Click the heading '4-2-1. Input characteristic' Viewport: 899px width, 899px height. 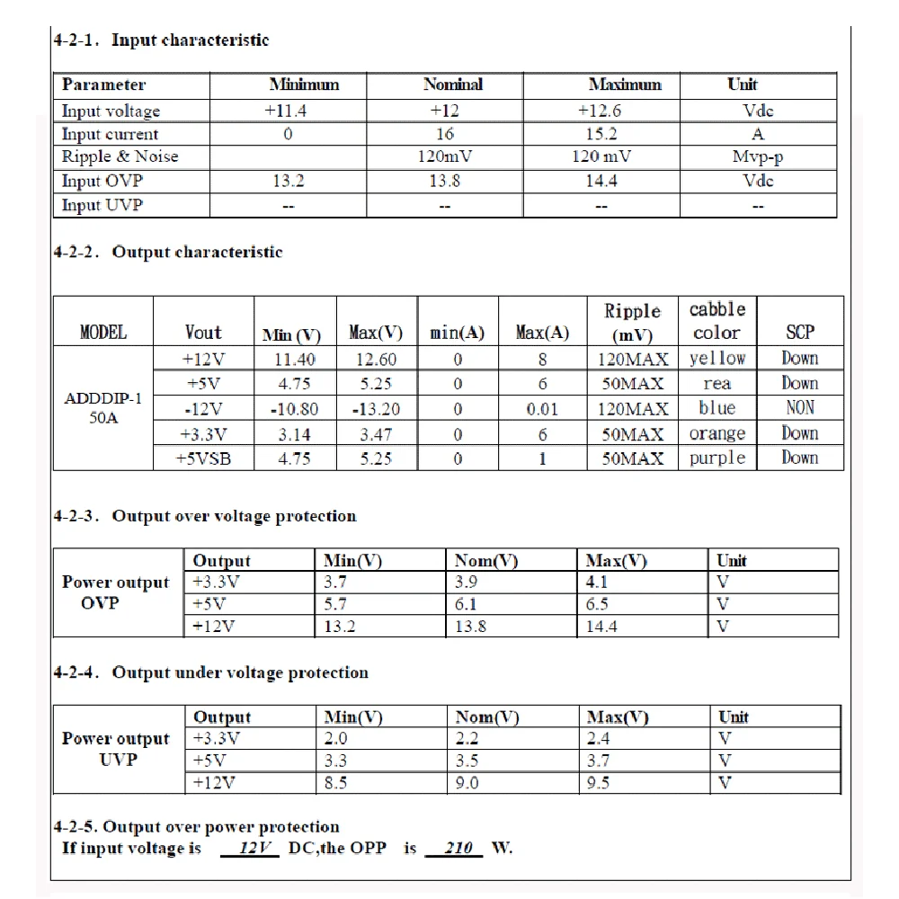(x=161, y=40)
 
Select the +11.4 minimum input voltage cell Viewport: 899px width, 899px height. (x=288, y=111)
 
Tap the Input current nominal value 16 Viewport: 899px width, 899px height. (x=444, y=134)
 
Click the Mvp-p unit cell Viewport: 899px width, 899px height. (x=758, y=156)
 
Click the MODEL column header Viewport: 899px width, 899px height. (x=103, y=333)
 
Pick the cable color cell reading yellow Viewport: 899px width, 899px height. (x=717, y=359)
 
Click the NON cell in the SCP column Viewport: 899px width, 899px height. (x=799, y=408)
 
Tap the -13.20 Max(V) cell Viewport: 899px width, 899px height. (x=376, y=409)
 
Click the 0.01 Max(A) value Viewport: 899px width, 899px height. (x=542, y=409)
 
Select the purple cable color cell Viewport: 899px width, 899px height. (x=717, y=458)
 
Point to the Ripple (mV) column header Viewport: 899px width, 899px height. (x=632, y=323)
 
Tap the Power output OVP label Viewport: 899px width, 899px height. (x=115, y=592)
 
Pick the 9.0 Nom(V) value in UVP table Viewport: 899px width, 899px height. (x=467, y=783)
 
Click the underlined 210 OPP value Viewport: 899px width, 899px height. (x=458, y=848)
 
